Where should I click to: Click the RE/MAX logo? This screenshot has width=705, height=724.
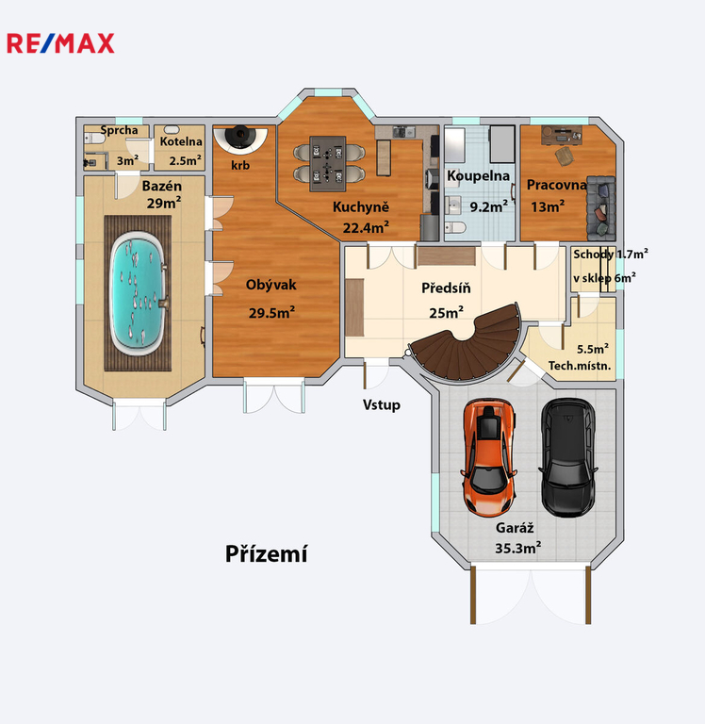(60, 43)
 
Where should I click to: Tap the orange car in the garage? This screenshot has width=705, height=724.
(488, 457)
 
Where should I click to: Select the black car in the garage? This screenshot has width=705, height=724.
(568, 457)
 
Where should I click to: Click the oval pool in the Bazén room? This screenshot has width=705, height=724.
(138, 294)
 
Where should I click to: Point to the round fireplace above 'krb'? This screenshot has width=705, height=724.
(240, 139)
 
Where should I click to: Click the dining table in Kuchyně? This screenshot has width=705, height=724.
(328, 163)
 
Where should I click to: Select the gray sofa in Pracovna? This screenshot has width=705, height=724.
(600, 207)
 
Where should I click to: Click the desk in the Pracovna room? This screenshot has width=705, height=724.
(562, 134)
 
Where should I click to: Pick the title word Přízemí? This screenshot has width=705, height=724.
(266, 553)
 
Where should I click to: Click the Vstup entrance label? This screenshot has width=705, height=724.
(382, 405)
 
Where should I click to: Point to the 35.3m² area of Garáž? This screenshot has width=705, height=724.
(518, 548)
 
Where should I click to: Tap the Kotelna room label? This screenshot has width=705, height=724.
(181, 141)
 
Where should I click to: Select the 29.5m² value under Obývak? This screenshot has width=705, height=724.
(272, 313)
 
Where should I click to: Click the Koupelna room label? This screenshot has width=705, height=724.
(478, 176)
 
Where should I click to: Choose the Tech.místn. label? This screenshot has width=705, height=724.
(580, 366)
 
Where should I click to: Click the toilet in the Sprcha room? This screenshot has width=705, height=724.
(94, 138)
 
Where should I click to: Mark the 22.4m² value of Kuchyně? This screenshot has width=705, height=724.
(366, 227)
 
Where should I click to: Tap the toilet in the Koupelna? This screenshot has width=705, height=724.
(455, 227)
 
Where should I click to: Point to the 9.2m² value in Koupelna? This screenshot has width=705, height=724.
(489, 206)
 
